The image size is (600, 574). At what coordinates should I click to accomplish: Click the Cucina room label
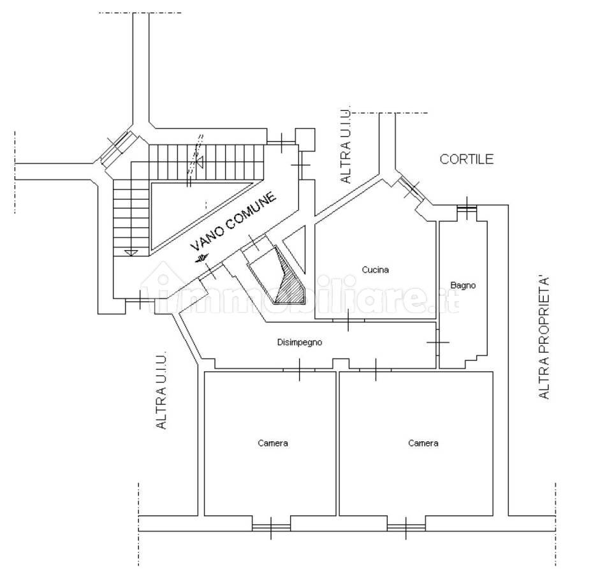tap(376, 270)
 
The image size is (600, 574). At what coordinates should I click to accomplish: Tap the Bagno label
tap(463, 285)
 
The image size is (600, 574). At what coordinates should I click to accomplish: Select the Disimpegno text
tap(300, 342)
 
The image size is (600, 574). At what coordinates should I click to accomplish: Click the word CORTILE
tap(467, 159)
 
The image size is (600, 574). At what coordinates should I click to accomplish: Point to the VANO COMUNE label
tap(233, 222)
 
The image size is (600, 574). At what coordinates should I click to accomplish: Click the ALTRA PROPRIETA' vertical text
tap(544, 337)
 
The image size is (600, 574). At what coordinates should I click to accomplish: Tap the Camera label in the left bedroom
tap(273, 443)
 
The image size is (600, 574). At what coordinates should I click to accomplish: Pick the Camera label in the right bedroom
tap(423, 443)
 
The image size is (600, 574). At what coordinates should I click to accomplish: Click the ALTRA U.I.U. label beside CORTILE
tap(346, 146)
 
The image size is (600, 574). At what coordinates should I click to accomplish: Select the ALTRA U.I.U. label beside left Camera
tap(162, 390)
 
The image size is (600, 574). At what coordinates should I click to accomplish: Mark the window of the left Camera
tap(271, 527)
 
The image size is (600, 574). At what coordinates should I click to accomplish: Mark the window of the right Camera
tap(406, 527)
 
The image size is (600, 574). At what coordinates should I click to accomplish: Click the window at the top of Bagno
tap(467, 208)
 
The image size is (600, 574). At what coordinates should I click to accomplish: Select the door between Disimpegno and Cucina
tap(348, 320)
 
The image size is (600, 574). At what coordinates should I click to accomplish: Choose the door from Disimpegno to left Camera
tap(299, 370)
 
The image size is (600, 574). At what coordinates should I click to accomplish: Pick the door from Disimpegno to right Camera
tap(376, 370)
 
